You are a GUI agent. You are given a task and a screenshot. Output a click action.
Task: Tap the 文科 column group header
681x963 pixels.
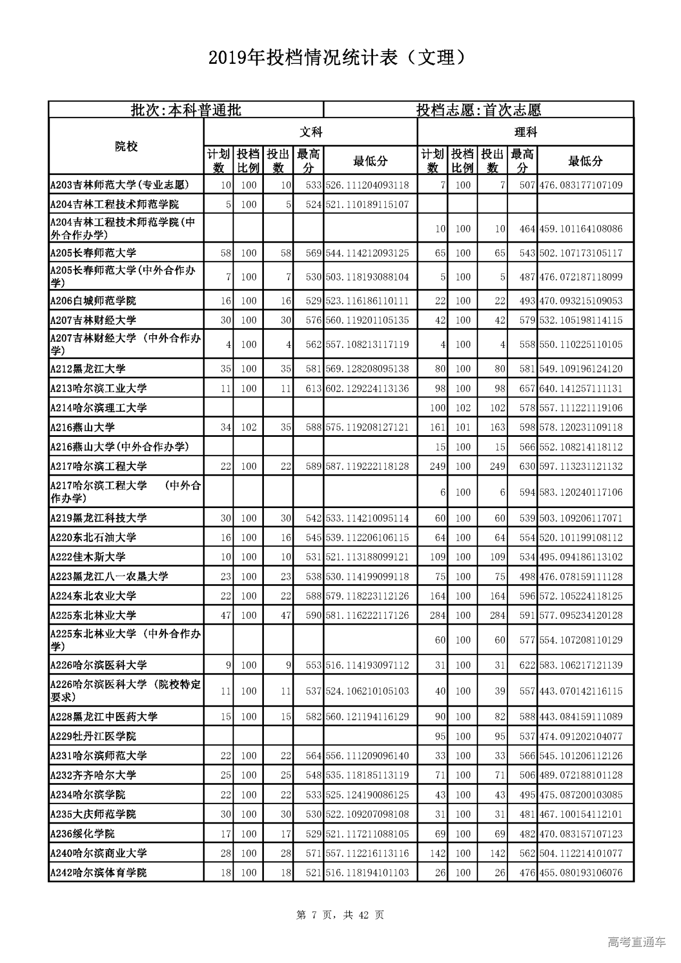(x=311, y=132)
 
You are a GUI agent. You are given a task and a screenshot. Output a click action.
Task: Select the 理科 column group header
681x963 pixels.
(x=525, y=132)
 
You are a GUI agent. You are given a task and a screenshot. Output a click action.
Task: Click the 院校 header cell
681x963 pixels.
(x=126, y=146)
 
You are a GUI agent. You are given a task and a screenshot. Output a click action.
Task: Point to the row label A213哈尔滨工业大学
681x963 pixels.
(x=98, y=388)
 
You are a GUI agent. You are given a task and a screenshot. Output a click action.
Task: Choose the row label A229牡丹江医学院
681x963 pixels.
(x=93, y=736)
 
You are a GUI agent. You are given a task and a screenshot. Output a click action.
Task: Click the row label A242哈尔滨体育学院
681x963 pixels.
(x=98, y=873)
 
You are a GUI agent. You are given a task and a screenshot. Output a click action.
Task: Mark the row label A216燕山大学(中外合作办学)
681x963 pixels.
(x=120, y=446)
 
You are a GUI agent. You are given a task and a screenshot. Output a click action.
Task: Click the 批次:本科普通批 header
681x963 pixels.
(x=186, y=110)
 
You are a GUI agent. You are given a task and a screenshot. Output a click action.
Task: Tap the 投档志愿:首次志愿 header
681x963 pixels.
(x=478, y=110)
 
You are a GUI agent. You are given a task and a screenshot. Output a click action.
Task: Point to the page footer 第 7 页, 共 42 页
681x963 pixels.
(x=340, y=915)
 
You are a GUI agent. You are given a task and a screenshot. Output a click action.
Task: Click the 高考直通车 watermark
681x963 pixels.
(x=636, y=942)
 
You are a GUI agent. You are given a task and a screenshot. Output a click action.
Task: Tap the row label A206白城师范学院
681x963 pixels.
(x=93, y=301)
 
